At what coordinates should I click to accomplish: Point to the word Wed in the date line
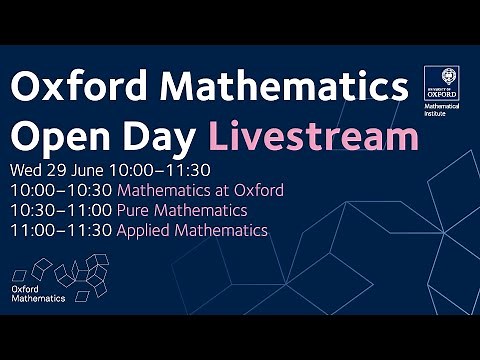(28, 170)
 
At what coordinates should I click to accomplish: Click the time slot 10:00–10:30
(62, 190)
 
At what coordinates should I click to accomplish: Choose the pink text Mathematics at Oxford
(200, 190)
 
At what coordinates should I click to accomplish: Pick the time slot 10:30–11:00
(62, 210)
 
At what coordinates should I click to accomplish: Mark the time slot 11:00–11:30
(62, 230)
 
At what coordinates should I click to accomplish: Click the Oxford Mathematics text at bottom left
(39, 293)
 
